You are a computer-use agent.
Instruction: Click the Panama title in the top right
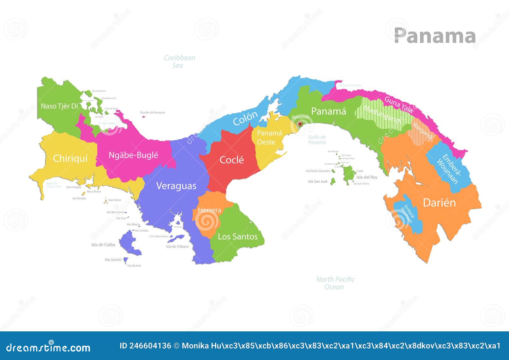(x=435, y=36)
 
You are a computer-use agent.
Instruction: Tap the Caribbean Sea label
(x=179, y=61)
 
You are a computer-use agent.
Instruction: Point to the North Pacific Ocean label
(x=335, y=283)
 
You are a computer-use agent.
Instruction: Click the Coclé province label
(x=232, y=160)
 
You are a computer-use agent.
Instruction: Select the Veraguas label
(x=176, y=186)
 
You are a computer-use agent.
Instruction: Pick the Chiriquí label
(x=70, y=158)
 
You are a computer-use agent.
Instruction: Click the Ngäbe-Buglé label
(x=133, y=155)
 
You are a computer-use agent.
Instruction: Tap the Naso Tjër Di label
(x=59, y=106)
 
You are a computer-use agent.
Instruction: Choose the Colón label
(x=245, y=118)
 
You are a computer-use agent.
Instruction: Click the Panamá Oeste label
(x=269, y=138)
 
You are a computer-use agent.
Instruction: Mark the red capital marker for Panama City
(x=299, y=123)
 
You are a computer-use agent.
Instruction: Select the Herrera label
(x=209, y=210)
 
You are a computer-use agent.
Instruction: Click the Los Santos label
(x=238, y=236)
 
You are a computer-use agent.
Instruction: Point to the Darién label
(x=439, y=203)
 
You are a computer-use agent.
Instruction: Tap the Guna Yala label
(x=399, y=104)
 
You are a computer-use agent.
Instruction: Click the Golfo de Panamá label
(x=317, y=140)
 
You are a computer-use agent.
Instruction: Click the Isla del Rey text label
(x=367, y=177)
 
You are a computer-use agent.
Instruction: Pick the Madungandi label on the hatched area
(x=382, y=115)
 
